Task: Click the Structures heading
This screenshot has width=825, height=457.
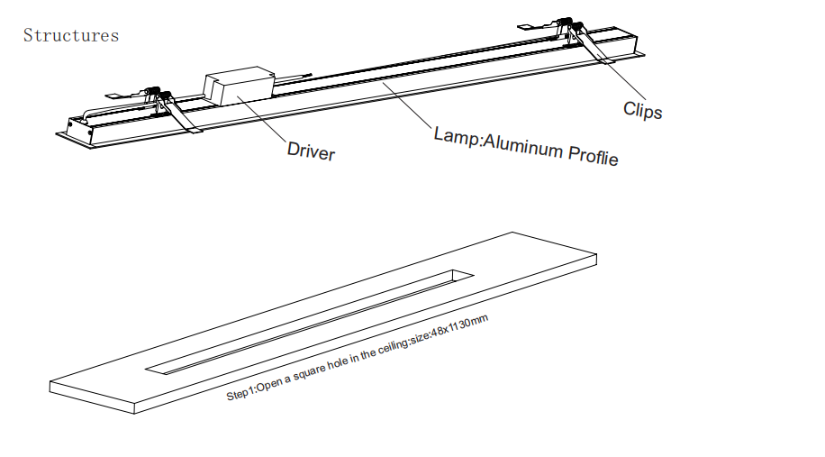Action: [x=70, y=36]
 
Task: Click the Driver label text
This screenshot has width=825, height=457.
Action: [x=311, y=151]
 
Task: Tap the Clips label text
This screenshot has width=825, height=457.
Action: [x=642, y=111]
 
